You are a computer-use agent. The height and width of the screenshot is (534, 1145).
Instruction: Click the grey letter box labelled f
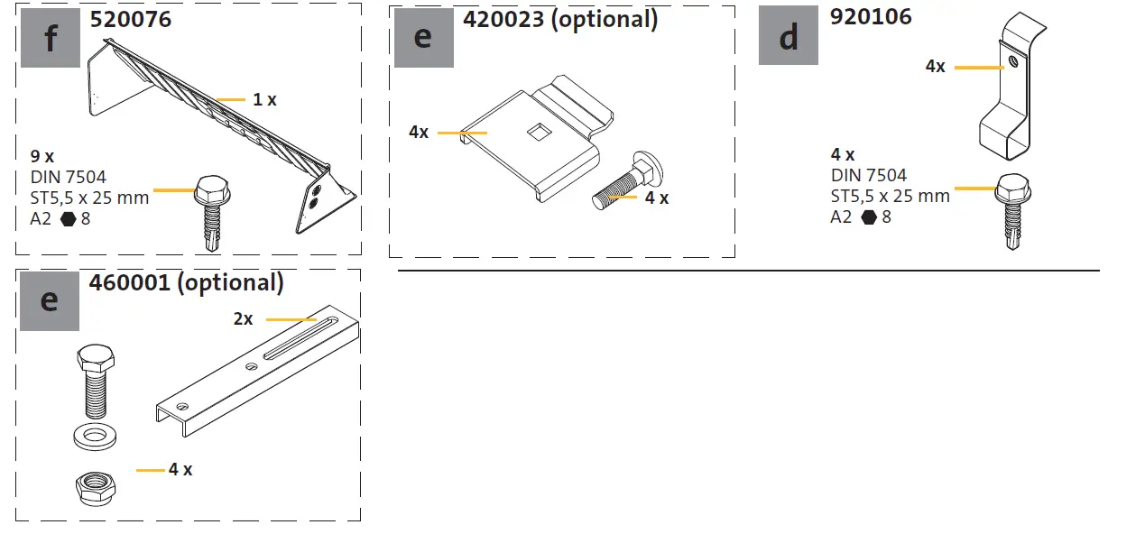(x=50, y=39)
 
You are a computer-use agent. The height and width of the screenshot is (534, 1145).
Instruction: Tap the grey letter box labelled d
(x=788, y=36)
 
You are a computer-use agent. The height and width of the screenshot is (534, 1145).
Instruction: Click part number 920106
(x=871, y=16)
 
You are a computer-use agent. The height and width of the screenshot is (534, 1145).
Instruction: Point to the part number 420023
(x=501, y=19)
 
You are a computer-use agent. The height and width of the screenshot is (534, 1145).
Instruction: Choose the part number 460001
(x=129, y=282)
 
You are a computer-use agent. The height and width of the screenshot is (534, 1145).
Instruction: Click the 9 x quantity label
(x=42, y=155)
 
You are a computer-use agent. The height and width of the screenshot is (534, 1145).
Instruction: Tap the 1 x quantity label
(x=264, y=99)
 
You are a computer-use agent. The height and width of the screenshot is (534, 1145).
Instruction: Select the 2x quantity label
(x=244, y=319)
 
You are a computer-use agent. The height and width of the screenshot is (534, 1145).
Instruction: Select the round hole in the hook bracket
(x=1014, y=62)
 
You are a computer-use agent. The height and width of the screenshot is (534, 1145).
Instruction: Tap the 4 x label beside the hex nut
(x=180, y=470)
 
